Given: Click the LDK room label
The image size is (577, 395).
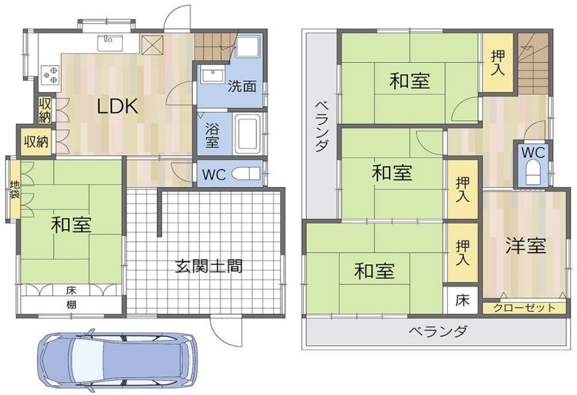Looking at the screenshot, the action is coord(117,107).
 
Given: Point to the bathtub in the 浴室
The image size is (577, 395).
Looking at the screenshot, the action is coord(248,134).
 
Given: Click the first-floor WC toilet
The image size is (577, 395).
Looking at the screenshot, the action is coord(249,174).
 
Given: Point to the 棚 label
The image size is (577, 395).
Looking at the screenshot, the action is coord(72,305).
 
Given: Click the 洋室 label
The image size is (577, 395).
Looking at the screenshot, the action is coord(525,245).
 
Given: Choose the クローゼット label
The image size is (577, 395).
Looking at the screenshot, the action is coord(524,308).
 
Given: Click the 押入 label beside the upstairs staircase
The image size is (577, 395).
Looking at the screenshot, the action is coord(498,62).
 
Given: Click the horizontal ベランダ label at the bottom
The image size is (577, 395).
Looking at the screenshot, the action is coord(439,331).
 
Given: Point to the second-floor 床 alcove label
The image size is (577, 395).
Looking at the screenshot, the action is coord(462,300).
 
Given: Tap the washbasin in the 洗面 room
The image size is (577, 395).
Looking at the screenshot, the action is coord(213,76).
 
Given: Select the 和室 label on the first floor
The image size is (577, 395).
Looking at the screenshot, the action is coord(71,225).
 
